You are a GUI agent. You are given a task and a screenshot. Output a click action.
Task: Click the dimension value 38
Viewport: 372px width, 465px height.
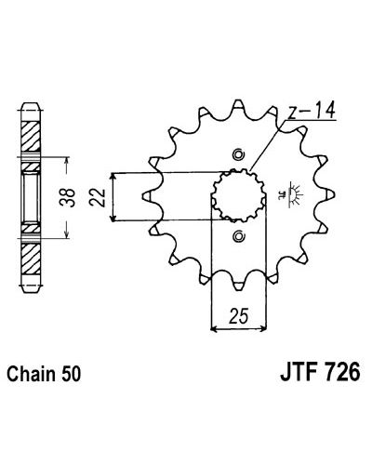[x=68, y=197]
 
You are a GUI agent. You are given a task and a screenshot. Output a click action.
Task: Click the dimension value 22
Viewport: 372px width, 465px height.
[x=98, y=197]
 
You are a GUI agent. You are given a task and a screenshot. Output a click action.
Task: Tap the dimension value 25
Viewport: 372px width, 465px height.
[x=239, y=316]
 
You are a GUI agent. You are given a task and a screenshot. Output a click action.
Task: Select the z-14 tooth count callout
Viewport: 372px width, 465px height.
[x=312, y=112]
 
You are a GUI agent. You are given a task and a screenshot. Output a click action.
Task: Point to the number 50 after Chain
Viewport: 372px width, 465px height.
[x=71, y=374]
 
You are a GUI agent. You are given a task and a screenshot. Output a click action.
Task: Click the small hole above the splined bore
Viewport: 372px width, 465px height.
[x=239, y=154]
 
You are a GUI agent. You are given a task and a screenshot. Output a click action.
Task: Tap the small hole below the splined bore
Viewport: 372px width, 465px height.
[x=239, y=236]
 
